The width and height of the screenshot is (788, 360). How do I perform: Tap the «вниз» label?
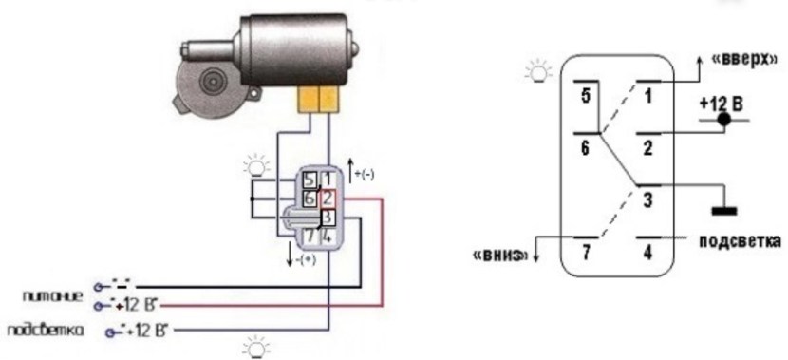pos(497,256)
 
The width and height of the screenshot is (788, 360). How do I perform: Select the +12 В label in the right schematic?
pos(720,103)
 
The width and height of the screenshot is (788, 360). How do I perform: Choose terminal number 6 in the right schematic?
pos(585,149)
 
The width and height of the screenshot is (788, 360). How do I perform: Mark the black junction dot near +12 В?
pos(724,121)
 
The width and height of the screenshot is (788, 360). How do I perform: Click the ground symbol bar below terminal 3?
pos(724,209)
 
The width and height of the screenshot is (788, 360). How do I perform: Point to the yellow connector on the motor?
pos(318,98)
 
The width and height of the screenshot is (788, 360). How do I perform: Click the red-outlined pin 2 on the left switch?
pos(326,198)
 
